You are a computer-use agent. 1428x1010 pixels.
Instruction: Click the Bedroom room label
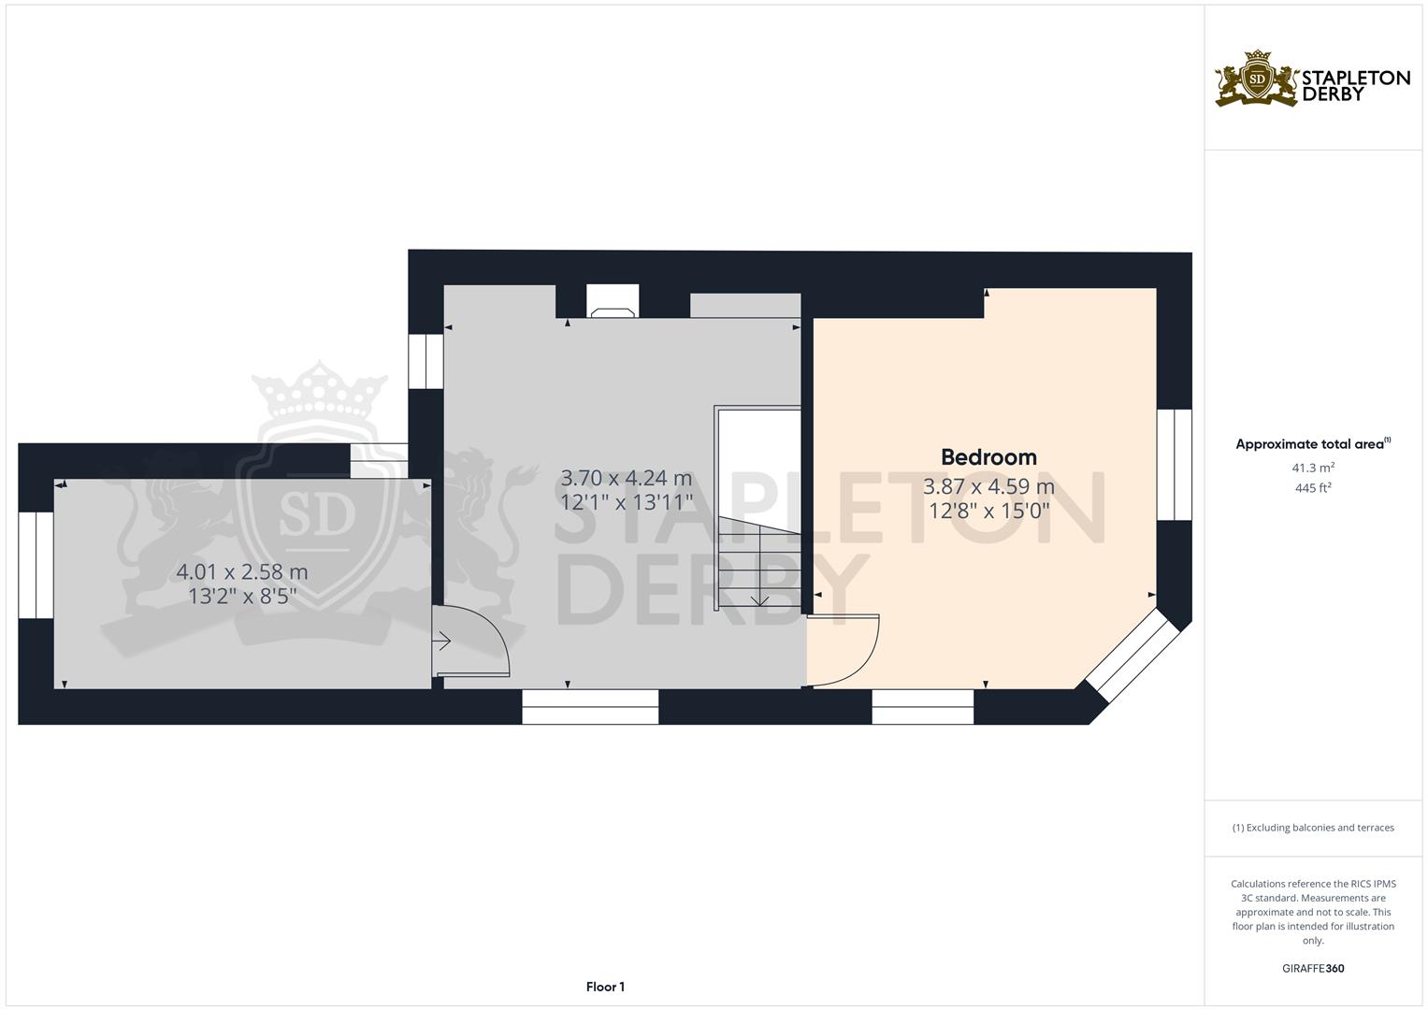tap(988, 457)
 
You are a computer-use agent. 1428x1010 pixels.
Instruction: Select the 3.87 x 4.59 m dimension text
tap(988, 486)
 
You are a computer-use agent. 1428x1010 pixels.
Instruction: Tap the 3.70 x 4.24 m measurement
tap(626, 478)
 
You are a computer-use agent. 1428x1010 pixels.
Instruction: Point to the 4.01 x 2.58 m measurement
tap(242, 571)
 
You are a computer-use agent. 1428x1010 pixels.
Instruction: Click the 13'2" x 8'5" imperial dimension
tap(242, 596)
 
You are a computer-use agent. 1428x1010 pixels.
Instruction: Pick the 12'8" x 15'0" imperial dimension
tap(988, 511)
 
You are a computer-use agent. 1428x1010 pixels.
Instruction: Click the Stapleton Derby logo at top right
tap(1312, 79)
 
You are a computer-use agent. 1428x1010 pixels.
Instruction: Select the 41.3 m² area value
tap(1313, 467)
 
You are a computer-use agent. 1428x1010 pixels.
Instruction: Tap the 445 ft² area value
tap(1313, 487)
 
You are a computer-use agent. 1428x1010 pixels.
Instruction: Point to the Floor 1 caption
tap(605, 987)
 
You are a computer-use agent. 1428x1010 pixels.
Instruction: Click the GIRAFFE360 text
tap(1313, 968)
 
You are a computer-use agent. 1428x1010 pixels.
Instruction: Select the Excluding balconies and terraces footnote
tap(1313, 828)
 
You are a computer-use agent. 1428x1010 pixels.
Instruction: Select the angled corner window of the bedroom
tap(1133, 655)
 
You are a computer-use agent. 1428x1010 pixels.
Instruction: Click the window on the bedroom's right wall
tap(1174, 464)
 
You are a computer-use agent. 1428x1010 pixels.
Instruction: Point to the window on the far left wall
tap(36, 565)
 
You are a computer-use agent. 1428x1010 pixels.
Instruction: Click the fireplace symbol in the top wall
tap(613, 301)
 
